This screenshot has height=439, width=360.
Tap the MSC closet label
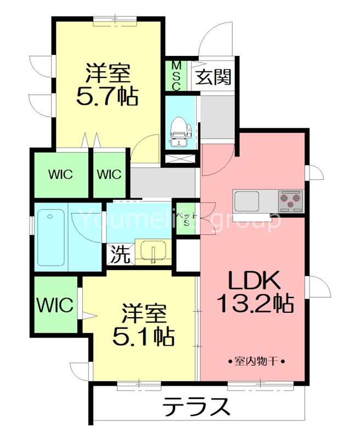(177, 76)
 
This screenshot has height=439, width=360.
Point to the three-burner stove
(289, 201)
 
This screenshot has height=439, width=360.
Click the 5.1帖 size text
(144, 335)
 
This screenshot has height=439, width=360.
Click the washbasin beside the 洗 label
(151, 252)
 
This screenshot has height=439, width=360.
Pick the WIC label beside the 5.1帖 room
(55, 305)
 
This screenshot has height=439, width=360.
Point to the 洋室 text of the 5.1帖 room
(144, 313)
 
